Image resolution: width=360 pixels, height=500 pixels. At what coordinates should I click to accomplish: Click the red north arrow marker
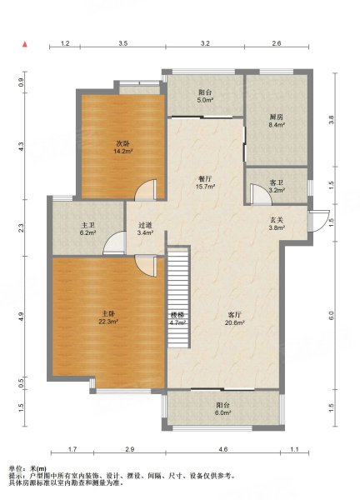coord(24,44)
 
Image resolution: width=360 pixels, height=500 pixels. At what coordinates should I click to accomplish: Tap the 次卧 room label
coord(123,144)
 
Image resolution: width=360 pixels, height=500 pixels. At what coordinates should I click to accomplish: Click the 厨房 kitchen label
coord(276,117)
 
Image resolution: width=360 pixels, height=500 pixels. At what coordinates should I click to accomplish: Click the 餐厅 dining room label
coord(204,179)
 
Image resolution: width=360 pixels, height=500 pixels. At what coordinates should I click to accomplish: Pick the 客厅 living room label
coord(235,315)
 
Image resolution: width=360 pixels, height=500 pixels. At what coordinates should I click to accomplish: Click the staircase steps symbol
coord(178,297)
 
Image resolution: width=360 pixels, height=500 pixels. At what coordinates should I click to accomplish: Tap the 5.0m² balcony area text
coord(206,100)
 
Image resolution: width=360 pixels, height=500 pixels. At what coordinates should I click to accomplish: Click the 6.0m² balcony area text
coord(223,412)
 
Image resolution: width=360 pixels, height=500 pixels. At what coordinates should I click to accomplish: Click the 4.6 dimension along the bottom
coord(223,450)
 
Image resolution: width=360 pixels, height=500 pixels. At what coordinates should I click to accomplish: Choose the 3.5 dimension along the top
coord(123,43)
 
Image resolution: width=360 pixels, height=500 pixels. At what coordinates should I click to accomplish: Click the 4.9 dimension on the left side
coord(21,317)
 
